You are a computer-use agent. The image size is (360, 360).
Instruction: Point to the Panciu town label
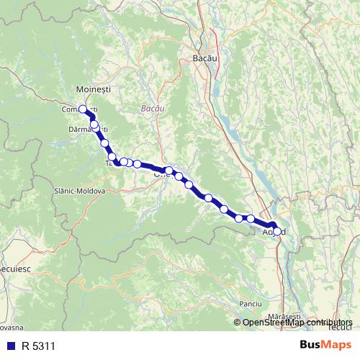[x=250, y=304]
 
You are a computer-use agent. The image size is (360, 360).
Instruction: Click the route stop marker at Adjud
[x=277, y=230]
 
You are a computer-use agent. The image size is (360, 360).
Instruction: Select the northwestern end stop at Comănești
[x=83, y=109]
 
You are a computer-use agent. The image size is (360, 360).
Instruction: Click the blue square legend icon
[x=8, y=346]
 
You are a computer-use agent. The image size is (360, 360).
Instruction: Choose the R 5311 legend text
[x=38, y=346]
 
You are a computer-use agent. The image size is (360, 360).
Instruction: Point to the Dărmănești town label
[x=88, y=129]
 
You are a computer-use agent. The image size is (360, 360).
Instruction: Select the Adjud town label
[x=274, y=233]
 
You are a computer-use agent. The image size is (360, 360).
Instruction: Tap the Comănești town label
[x=80, y=109]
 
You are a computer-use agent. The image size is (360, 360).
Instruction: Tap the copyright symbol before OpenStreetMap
[x=238, y=323]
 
